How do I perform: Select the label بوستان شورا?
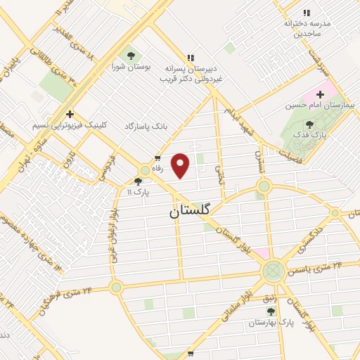[x=128, y=67]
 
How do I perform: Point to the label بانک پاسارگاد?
[x=148, y=125]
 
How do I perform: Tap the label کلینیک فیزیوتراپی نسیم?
[x=70, y=127]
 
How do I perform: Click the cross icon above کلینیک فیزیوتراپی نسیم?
[x=70, y=114]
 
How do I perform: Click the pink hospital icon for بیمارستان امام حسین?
[x=321, y=94]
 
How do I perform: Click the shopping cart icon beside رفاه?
[x=158, y=157]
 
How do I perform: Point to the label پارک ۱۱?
[x=139, y=191]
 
